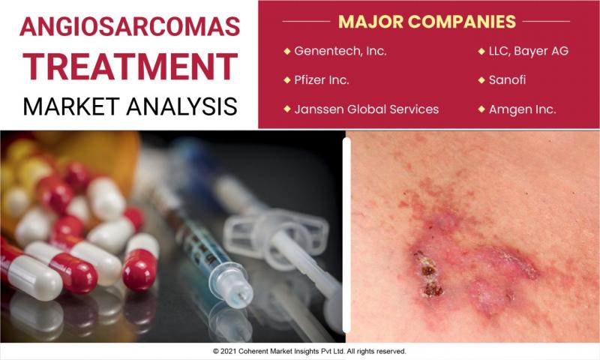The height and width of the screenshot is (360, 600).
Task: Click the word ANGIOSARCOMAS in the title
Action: point(130,26)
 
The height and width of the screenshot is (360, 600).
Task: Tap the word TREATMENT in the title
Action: point(130,67)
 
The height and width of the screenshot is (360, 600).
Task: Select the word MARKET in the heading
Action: point(71,106)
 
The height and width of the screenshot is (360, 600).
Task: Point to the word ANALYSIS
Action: point(181,106)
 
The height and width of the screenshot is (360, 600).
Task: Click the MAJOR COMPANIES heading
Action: point(427,22)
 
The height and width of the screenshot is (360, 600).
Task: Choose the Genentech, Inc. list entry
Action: point(340,51)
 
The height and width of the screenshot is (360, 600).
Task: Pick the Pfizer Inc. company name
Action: point(322,80)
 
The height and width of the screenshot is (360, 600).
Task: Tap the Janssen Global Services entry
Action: point(366,109)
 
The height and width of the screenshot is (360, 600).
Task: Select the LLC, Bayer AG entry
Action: point(529,51)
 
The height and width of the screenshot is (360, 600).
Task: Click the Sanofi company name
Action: point(507,80)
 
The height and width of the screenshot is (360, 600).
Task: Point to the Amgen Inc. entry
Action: point(522,109)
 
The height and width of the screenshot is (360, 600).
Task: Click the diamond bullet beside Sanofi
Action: point(481,80)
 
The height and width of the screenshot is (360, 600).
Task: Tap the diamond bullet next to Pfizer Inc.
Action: point(287,80)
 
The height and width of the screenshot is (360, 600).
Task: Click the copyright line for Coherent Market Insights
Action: point(310,351)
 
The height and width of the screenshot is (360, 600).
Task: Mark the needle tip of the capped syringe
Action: point(241,296)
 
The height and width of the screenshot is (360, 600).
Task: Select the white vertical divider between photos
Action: point(346,235)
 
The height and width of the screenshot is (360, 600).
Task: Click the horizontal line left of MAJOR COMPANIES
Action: point(306,22)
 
